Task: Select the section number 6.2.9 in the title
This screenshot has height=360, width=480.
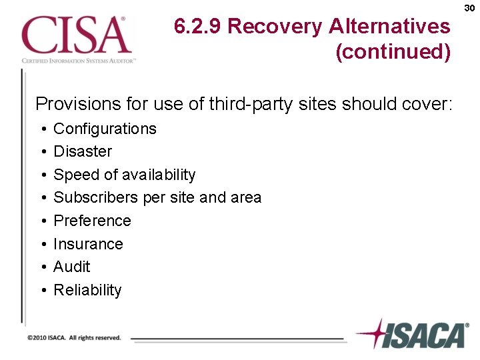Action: click(198, 27)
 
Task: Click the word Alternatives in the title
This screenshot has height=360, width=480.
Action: click(389, 27)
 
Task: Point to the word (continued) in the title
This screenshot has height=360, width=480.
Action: click(393, 51)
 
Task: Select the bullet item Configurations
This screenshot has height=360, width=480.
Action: click(105, 129)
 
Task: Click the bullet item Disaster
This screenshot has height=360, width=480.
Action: click(83, 151)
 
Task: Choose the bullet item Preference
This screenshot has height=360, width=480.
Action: click(92, 221)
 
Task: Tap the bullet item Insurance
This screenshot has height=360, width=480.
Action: click(88, 244)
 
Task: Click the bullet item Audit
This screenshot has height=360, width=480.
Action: click(71, 267)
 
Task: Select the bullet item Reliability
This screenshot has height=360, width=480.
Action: click(87, 290)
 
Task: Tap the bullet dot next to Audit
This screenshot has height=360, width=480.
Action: click(42, 267)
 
